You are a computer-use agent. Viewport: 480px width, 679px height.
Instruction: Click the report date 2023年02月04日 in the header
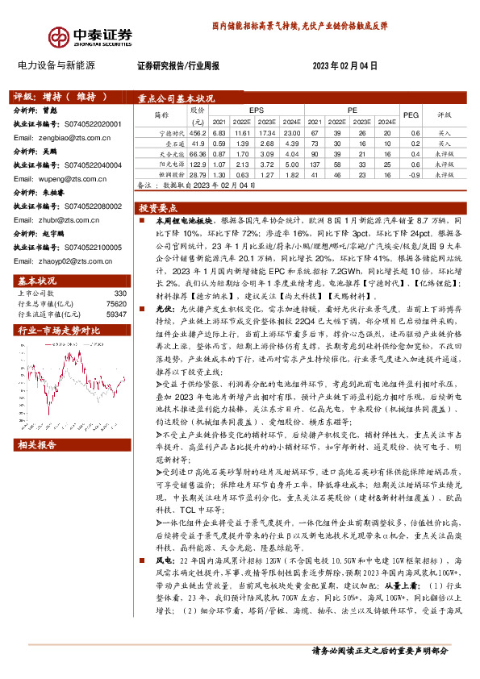(x=344, y=65)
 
